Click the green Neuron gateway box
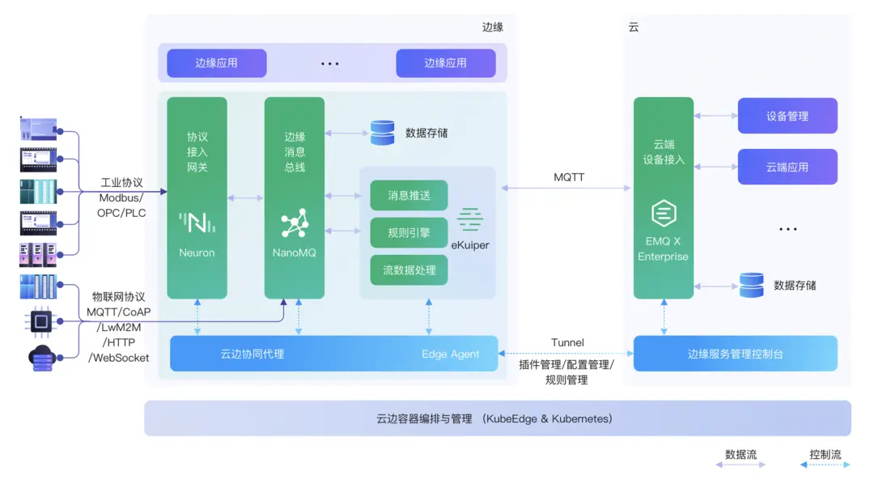(x=197, y=197)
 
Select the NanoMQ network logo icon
(x=295, y=222)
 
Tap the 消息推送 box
(x=409, y=195)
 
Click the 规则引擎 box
(x=409, y=232)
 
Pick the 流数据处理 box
(x=409, y=270)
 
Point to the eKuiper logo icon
(x=469, y=219)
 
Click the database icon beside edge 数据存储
(x=382, y=133)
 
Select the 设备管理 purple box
(x=787, y=116)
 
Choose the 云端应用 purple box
(x=787, y=167)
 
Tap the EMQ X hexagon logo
(x=664, y=214)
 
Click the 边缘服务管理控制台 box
(x=735, y=354)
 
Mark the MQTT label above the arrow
(x=569, y=176)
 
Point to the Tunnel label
(x=567, y=342)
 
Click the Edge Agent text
(x=450, y=354)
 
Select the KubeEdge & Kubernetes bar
(x=497, y=418)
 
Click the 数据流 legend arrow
(x=740, y=465)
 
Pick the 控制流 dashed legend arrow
(x=825, y=465)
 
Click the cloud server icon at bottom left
(x=40, y=358)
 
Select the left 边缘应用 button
(x=216, y=63)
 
